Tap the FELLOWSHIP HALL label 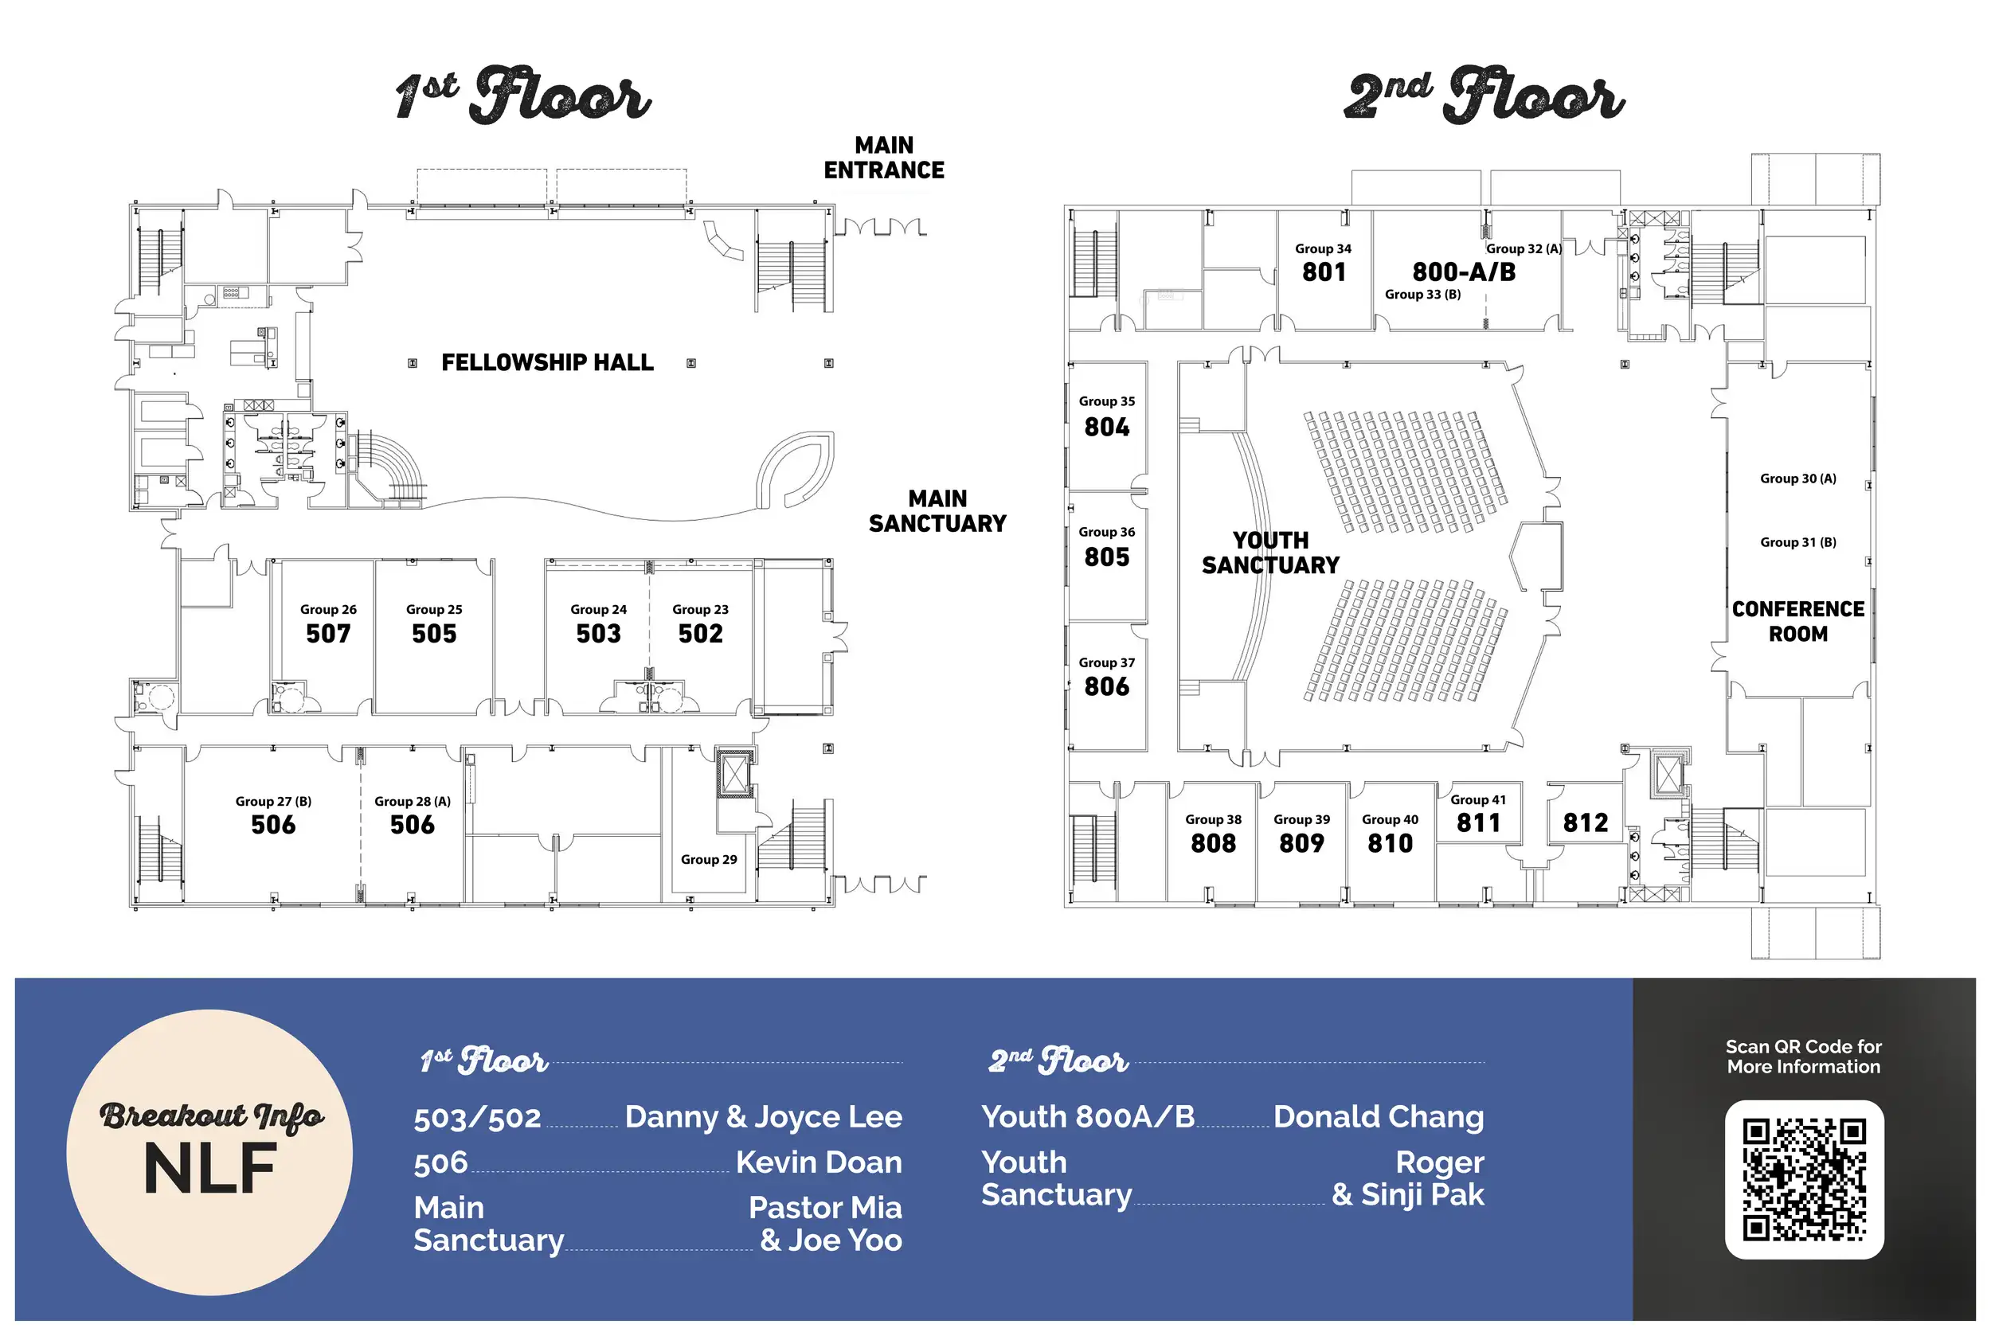[x=547, y=362]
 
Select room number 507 [x=328, y=633]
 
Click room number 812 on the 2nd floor [x=1586, y=822]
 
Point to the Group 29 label [x=708, y=859]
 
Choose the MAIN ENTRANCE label [x=884, y=158]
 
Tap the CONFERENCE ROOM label [x=1797, y=621]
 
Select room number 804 [x=1106, y=426]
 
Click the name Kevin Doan [x=818, y=1162]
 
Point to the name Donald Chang [x=1379, y=1116]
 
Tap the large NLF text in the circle [x=209, y=1168]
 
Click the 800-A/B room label [x=1464, y=271]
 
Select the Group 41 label [x=1478, y=799]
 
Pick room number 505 [x=434, y=633]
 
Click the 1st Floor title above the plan [x=523, y=94]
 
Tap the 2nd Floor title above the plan [x=1484, y=94]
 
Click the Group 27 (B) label [x=274, y=801]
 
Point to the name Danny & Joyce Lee [x=763, y=1116]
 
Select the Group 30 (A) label [x=1797, y=478]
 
